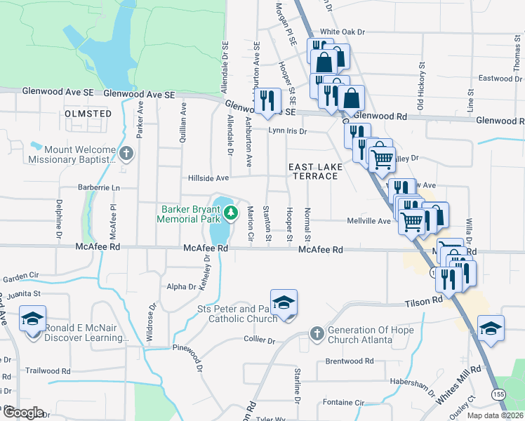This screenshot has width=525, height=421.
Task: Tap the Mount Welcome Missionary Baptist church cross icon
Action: tap(126, 154)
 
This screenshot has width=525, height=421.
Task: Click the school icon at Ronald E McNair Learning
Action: tap(33, 319)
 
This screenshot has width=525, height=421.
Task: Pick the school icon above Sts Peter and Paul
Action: tap(284, 302)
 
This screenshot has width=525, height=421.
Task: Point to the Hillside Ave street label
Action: tap(208, 178)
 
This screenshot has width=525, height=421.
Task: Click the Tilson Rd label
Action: tap(423, 301)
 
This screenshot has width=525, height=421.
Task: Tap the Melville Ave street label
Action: tap(368, 221)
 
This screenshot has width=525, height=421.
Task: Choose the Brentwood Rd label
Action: tap(349, 361)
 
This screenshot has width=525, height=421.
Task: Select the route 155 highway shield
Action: tap(498, 396)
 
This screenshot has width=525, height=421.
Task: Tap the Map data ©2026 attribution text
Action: tap(495, 415)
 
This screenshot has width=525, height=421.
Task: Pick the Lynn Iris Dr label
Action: tap(288, 131)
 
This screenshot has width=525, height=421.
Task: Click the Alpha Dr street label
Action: tap(181, 286)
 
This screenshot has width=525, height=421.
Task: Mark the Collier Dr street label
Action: tap(260, 340)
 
